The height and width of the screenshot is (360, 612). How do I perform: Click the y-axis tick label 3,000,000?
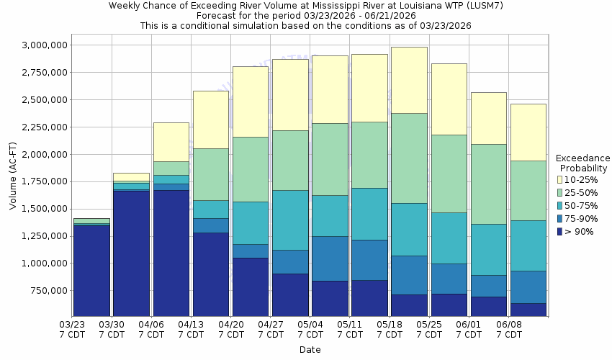[40, 45]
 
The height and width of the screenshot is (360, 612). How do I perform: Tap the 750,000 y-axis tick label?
[45, 290]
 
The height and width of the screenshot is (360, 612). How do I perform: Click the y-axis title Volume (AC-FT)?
[12, 181]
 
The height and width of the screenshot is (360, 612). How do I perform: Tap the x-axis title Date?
[310, 350]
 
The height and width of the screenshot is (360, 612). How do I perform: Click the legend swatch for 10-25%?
[559, 179]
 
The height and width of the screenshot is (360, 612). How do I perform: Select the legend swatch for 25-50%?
[559, 192]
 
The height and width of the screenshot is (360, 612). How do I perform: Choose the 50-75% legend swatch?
[559, 205]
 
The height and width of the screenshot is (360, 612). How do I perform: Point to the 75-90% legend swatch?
[559, 218]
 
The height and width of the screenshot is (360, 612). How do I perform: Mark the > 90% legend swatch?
[559, 231]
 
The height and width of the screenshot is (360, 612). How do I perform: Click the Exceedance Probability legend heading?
[582, 163]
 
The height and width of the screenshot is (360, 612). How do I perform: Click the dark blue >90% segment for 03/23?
[92, 271]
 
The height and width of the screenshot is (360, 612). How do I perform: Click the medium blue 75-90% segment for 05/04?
[330, 258]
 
